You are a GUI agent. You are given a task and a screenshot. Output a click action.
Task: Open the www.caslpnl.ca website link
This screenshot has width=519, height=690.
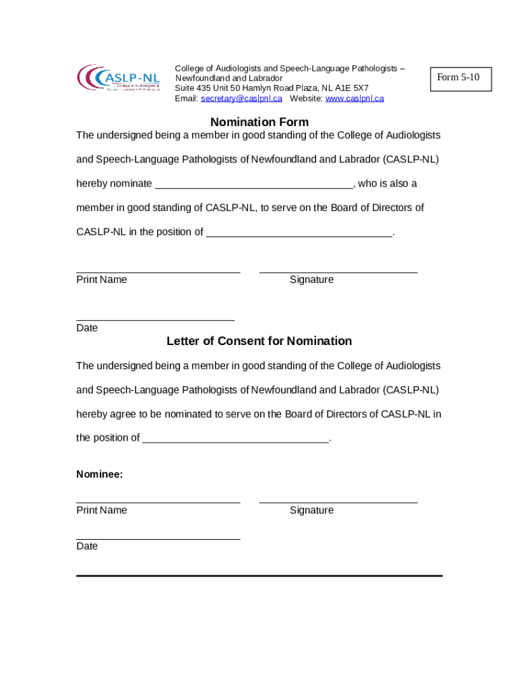(355, 98)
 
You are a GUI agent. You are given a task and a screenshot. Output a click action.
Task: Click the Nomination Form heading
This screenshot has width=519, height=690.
(259, 122)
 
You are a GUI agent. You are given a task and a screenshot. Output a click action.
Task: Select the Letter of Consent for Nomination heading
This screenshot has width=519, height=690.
(259, 341)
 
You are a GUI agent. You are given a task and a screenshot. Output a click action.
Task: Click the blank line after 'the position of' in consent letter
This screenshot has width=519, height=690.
(236, 439)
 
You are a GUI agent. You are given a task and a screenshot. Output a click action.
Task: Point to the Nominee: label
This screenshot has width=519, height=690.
(100, 474)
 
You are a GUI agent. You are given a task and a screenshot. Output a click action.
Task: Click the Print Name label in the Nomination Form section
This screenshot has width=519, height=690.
(102, 280)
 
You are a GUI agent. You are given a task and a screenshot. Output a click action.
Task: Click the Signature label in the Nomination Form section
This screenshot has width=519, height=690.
(311, 280)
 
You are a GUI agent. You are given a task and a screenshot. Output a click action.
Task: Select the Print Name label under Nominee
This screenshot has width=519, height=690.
(102, 510)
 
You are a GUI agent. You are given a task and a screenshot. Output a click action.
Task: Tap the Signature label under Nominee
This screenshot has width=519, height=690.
(311, 510)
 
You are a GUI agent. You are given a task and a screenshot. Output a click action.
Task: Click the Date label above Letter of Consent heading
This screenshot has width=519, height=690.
(87, 328)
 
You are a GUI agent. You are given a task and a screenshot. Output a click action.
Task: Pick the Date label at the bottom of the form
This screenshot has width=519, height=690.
(87, 546)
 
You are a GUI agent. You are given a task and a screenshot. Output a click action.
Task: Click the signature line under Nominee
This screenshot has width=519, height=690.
(338, 501)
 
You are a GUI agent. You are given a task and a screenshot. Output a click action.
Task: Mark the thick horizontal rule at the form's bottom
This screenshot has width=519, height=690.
(259, 575)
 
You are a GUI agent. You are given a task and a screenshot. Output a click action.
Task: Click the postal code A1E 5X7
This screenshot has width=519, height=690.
(352, 88)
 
